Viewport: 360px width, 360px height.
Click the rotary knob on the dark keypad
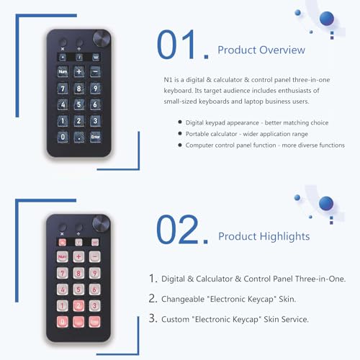click(x=102, y=38)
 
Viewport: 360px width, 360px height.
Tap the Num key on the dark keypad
click(x=63, y=71)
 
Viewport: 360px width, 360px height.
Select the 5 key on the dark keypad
click(x=79, y=104)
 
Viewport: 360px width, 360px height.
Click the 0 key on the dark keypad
click(x=63, y=137)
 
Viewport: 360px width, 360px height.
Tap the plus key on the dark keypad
click(x=79, y=71)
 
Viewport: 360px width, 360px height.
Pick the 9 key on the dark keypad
click(x=95, y=89)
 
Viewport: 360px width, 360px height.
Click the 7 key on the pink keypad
click(x=63, y=273)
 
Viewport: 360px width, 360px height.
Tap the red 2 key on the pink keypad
click(x=78, y=305)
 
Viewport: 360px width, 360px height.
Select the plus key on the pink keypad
click(x=78, y=256)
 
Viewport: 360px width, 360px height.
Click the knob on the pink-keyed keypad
click(x=101, y=223)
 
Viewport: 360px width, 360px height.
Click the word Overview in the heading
click(x=282, y=50)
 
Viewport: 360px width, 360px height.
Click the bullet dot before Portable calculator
click(x=180, y=133)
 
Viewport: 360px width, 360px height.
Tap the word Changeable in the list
click(x=183, y=299)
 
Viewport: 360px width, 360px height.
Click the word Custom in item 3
click(x=175, y=319)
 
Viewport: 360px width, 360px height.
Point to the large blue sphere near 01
click(x=327, y=18)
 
